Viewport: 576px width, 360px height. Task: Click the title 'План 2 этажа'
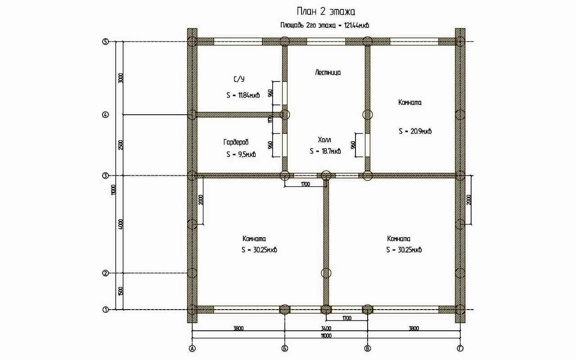tap(326, 12)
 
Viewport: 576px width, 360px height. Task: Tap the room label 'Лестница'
tap(328, 72)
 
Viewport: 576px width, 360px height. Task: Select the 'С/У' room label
tap(239, 79)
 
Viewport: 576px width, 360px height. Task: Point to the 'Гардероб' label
tap(236, 142)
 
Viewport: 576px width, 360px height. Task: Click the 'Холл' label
tap(324, 140)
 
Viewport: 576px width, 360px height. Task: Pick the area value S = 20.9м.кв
tap(415, 131)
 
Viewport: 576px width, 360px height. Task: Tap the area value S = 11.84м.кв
tap(243, 95)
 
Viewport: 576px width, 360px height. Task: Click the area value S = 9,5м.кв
tap(241, 154)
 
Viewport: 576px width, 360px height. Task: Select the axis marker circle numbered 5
tap(105, 42)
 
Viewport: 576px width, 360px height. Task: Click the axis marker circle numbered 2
tap(105, 273)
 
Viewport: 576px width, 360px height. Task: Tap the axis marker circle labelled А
tap(192, 348)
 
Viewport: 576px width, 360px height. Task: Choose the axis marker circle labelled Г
tap(460, 348)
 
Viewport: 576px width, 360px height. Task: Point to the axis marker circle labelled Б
tap(285, 348)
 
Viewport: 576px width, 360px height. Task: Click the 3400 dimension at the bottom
tap(326, 328)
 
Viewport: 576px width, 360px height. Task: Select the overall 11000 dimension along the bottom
tap(326, 336)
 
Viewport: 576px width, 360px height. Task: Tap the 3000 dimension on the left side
tap(121, 78)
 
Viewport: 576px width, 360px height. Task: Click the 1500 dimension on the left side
tap(121, 291)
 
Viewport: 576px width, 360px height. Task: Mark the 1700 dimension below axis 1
tap(347, 318)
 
